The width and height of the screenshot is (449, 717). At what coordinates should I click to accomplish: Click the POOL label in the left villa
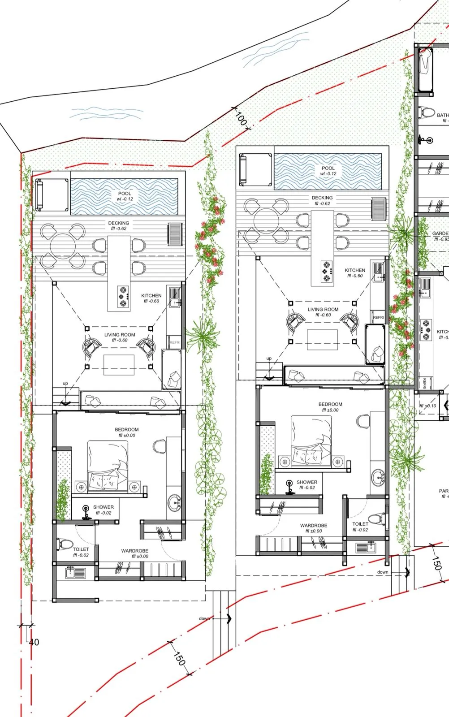(x=125, y=194)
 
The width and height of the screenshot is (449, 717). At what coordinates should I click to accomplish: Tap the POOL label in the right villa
(x=328, y=168)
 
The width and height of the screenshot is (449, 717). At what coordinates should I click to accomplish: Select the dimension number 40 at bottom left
(x=34, y=642)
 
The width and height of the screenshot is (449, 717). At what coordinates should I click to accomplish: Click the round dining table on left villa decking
(x=63, y=246)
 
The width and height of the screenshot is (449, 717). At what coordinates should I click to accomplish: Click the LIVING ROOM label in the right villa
(x=323, y=309)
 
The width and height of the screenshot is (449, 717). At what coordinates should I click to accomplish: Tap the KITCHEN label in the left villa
(x=151, y=296)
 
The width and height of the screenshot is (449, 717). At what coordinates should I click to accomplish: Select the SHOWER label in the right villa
(x=307, y=482)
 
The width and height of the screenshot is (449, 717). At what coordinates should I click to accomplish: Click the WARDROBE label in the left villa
(x=134, y=551)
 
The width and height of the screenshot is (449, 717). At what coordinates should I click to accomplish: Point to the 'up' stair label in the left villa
(x=65, y=384)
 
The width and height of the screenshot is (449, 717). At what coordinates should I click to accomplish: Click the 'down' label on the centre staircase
(x=204, y=618)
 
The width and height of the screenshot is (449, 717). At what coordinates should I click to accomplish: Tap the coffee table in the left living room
(x=119, y=364)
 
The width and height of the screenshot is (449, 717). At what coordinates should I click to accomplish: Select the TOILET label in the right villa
(x=360, y=524)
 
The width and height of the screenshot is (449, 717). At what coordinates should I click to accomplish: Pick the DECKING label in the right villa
(x=322, y=198)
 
